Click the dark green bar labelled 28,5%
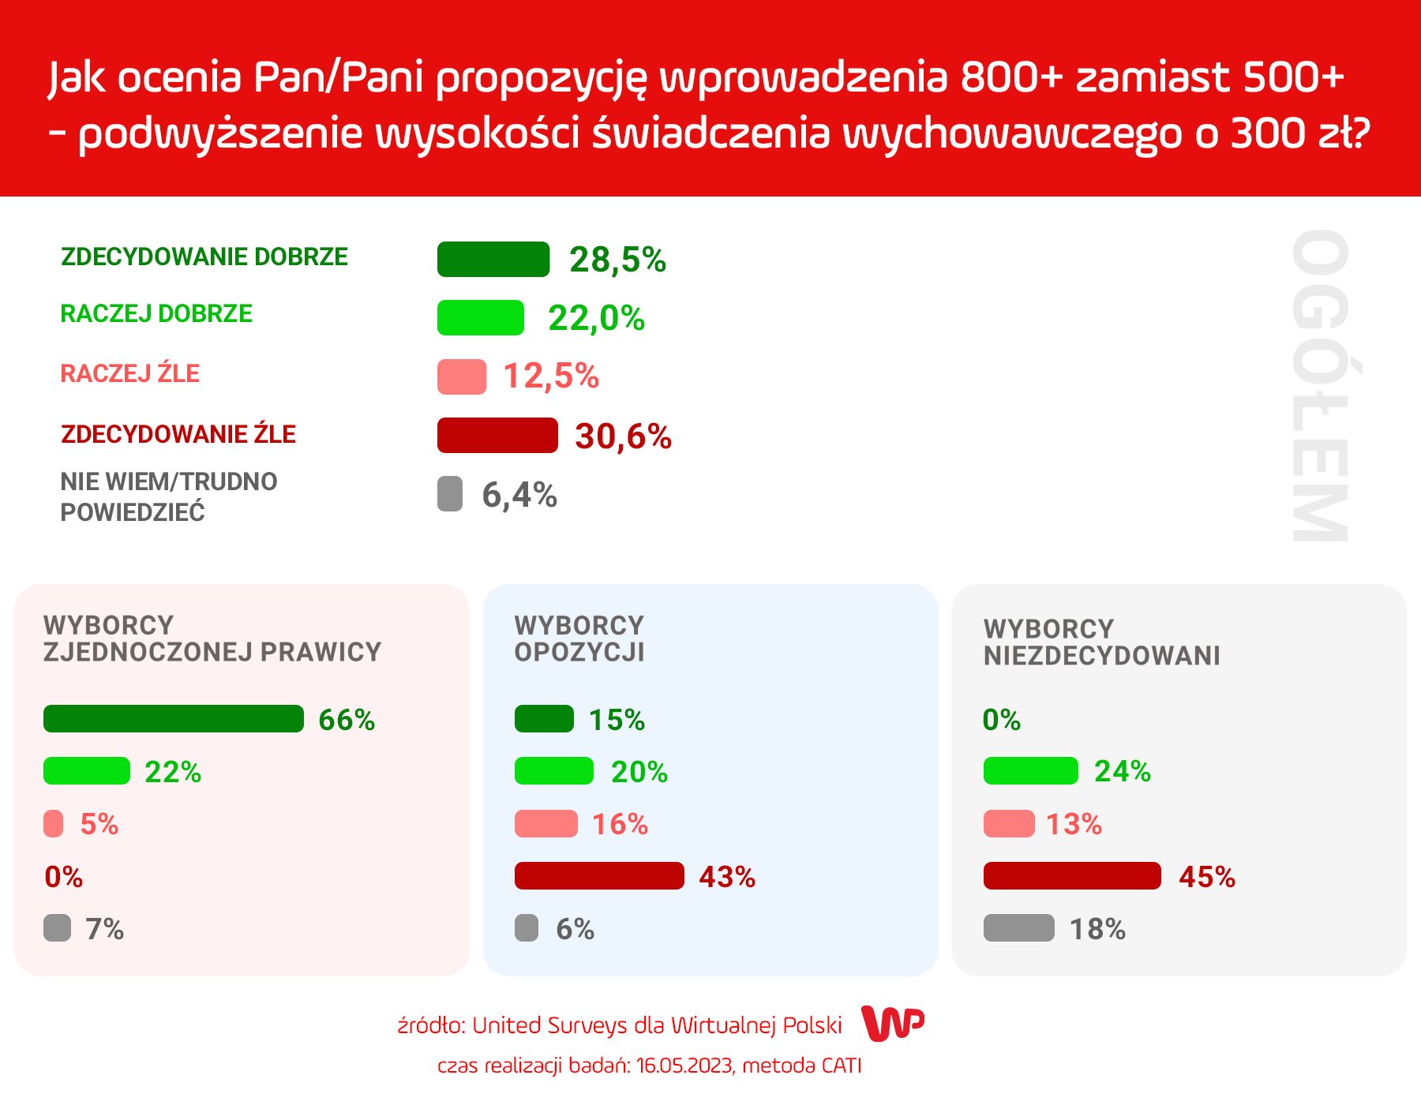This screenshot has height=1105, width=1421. [493, 260]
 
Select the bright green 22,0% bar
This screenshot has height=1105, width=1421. [481, 318]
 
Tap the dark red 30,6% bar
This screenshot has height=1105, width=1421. [497, 436]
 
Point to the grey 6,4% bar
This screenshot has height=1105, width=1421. [450, 494]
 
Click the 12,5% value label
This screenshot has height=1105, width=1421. [551, 376]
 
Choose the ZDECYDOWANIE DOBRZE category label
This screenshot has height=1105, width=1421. [204, 257]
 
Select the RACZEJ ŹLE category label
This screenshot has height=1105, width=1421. [130, 373]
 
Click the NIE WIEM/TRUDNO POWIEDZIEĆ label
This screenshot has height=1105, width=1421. [169, 496]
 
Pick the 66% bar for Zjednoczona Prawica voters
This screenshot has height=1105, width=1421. [174, 719]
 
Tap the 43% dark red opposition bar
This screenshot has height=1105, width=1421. [599, 876]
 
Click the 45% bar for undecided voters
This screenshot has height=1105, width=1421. [1072, 876]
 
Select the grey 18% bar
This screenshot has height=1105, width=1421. [1018, 928]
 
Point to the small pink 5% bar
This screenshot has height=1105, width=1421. [54, 824]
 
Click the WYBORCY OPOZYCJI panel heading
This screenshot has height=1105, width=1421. [579, 639]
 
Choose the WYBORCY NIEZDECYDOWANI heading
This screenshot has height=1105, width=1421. [1101, 642]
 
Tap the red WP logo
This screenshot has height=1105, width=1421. [893, 1024]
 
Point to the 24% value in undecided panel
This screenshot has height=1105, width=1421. [1122, 771]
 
